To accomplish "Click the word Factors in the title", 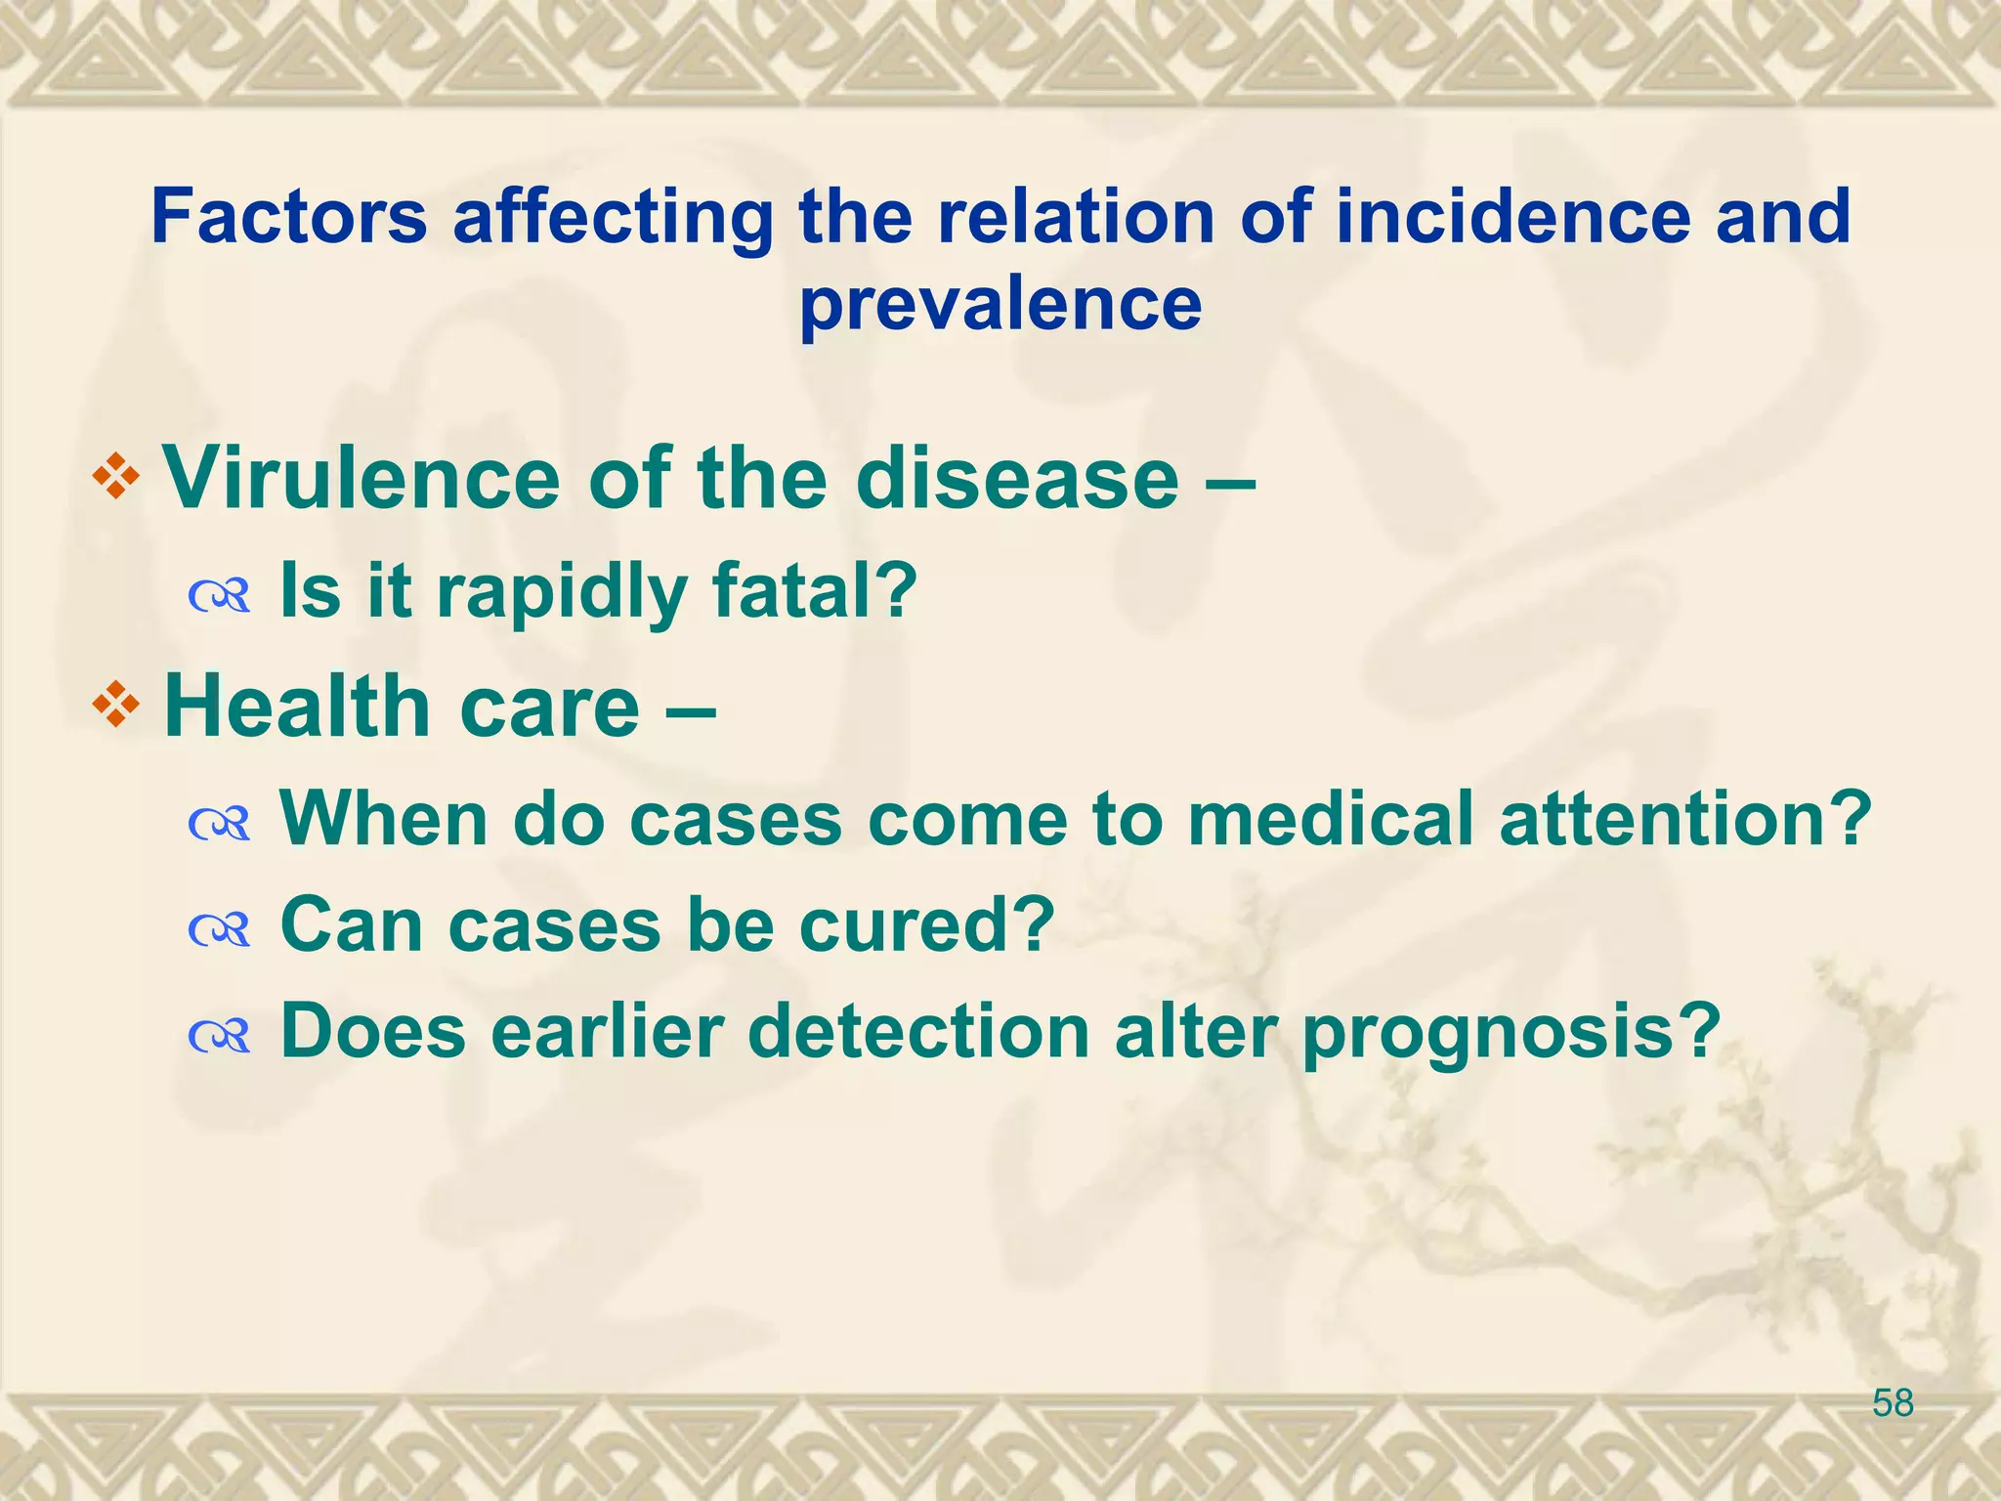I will point(289,217).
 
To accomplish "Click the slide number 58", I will point(1893,1403).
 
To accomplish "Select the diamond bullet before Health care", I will point(116,707).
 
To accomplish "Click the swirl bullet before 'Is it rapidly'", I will point(220,593).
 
